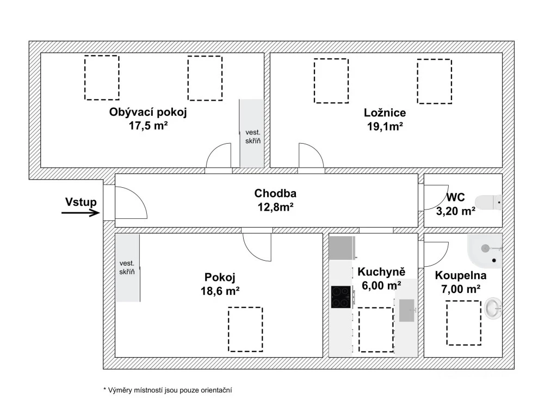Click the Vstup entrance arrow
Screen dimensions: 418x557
[x=81, y=213]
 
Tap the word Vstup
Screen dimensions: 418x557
[x=81, y=202]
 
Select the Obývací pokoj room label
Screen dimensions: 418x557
[x=148, y=113]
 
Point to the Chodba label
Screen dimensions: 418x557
[x=275, y=193]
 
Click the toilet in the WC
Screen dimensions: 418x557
[x=489, y=202]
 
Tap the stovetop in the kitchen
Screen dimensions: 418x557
[x=341, y=297]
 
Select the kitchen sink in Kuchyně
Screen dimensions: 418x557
[x=407, y=310]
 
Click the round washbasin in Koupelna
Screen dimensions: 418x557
[x=494, y=308]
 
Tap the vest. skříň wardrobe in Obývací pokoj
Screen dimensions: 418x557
[x=252, y=133]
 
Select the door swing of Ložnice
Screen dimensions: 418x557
[x=311, y=157]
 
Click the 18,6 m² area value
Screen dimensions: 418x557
[x=220, y=291]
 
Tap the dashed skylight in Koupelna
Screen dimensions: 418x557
[x=463, y=323]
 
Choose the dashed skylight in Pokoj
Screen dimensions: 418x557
[x=245, y=329]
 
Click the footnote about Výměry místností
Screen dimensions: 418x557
[x=164, y=390]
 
